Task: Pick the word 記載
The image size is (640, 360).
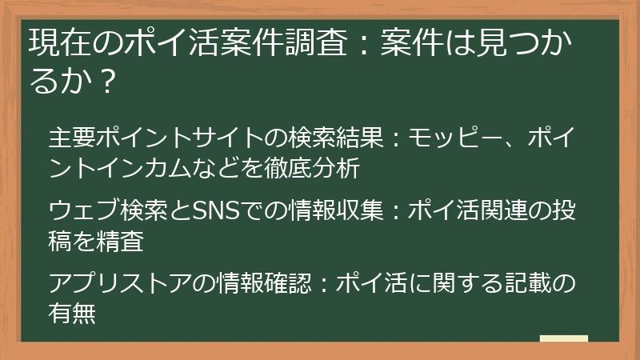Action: pyautogui.click(x=526, y=283)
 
